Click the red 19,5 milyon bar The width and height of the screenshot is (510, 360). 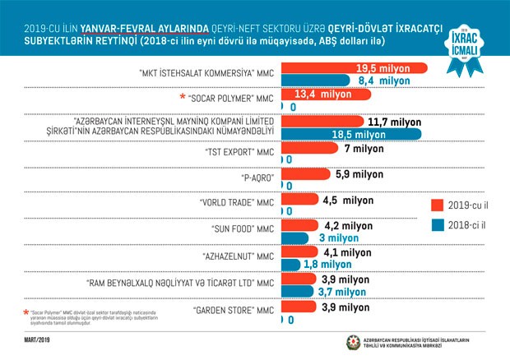point(354,67)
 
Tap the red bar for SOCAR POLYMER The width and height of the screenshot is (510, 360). point(329,95)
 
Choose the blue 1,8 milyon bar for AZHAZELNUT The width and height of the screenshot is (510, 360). point(292,264)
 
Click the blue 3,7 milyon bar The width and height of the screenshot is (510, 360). point(300,290)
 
